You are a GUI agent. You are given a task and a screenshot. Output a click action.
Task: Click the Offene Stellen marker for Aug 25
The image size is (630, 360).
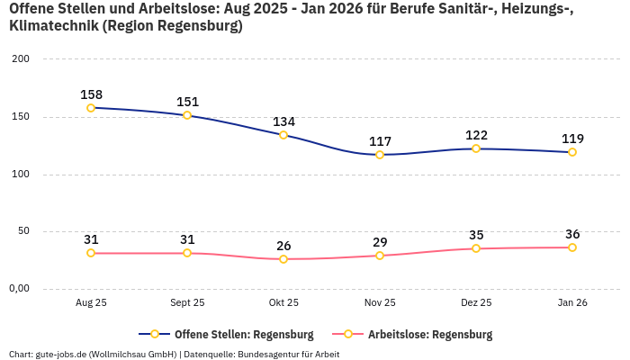click(x=91, y=108)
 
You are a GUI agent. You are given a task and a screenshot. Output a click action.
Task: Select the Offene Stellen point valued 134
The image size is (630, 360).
click(x=283, y=135)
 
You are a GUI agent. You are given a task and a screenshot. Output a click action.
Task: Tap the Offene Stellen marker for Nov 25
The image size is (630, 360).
click(x=380, y=155)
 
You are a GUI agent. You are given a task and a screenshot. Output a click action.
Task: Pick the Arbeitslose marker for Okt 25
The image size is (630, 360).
click(x=283, y=259)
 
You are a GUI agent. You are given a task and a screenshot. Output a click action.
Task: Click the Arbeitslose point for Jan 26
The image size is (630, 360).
click(x=572, y=247)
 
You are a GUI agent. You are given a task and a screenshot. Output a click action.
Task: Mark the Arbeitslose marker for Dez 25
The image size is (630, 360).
click(x=476, y=248)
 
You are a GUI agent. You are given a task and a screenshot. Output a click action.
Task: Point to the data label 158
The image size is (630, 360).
click(x=91, y=94)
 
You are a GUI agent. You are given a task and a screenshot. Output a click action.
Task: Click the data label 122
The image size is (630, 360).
click(x=476, y=135)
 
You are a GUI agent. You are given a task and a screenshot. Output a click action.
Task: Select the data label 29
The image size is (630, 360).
click(x=380, y=242)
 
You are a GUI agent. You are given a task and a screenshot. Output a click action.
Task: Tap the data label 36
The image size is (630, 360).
click(x=572, y=234)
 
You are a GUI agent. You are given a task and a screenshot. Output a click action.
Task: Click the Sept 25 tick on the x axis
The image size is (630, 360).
click(x=187, y=303)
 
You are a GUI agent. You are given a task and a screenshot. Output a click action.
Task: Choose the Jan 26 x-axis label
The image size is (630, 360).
click(x=572, y=303)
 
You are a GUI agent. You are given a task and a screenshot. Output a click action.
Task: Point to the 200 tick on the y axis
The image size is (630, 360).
click(x=20, y=59)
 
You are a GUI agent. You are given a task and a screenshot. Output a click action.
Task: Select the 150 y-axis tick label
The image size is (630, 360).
click(x=20, y=117)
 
